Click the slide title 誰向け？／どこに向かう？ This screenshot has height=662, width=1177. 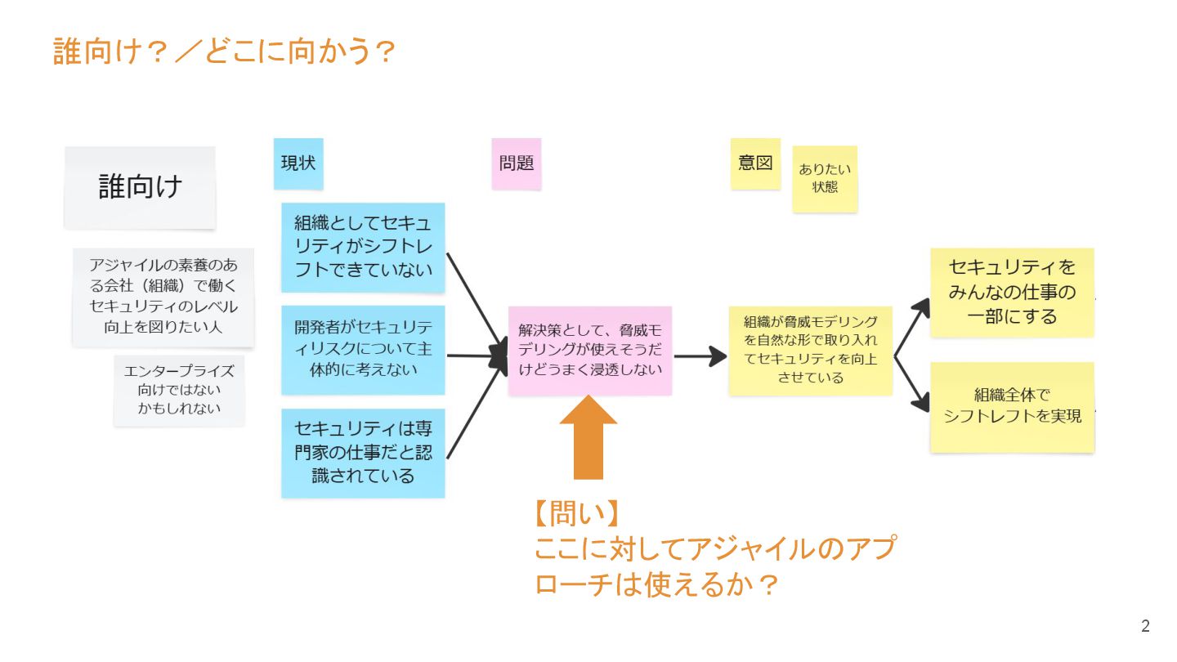[224, 51]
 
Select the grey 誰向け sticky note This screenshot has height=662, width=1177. [140, 187]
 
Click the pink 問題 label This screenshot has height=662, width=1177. [516, 163]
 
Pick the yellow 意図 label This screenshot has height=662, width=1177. [754, 163]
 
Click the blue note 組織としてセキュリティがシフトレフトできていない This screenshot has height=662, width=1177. [363, 247]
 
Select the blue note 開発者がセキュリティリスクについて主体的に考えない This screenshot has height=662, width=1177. [363, 349]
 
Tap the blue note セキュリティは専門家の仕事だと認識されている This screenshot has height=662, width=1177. [363, 453]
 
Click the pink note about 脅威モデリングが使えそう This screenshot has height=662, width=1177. [589, 350]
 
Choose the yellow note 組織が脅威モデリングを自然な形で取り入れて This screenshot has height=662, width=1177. [810, 350]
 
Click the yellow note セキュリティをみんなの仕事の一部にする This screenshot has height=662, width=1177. [1012, 292]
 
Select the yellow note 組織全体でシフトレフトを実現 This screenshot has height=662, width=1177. [1012, 407]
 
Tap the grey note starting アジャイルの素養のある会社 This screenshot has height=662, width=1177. [163, 297]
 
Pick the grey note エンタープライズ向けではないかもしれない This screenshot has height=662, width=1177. [179, 390]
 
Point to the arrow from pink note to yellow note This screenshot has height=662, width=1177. [700, 356]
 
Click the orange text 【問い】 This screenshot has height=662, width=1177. [575, 514]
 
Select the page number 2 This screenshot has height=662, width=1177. [1145, 627]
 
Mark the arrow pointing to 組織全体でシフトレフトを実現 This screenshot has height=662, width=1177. [914, 383]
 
